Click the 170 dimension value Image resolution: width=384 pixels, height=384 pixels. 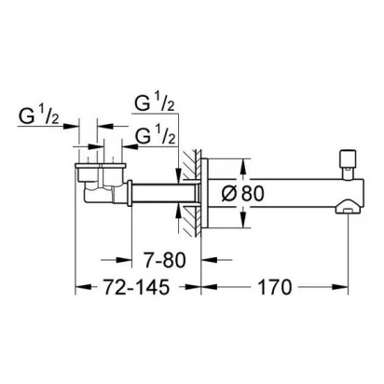275,287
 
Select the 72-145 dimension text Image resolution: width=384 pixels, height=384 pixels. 137,287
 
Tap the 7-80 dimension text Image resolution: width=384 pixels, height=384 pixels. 165,260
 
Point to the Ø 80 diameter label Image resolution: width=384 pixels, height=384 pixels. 242,194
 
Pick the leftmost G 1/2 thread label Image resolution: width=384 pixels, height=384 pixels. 38,117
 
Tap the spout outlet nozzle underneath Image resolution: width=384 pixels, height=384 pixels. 348,207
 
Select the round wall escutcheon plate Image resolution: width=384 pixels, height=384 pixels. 204,194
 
